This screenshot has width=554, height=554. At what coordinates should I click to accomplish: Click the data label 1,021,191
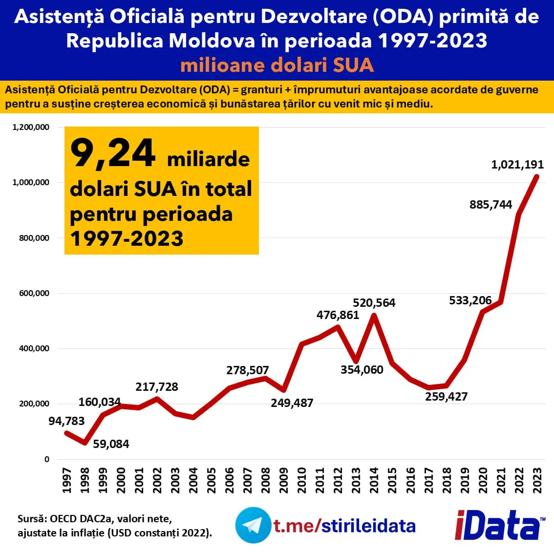pyautogui.click(x=517, y=164)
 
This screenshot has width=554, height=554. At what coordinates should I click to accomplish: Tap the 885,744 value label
pyautogui.click(x=490, y=205)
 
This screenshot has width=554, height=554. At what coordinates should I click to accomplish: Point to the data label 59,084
pyautogui.click(x=111, y=444)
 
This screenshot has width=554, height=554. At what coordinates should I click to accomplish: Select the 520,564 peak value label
pyautogui.click(x=374, y=303)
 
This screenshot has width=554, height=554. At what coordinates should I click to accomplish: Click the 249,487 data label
pyautogui.click(x=292, y=403)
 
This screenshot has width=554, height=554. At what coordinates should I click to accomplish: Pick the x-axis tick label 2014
pyautogui.click(x=374, y=481)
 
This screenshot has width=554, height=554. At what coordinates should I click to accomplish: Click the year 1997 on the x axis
pyautogui.click(x=66, y=481)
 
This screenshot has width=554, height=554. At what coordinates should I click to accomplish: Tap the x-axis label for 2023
pyautogui.click(x=537, y=481)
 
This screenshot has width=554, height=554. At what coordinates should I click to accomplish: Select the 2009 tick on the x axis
pyautogui.click(x=283, y=481)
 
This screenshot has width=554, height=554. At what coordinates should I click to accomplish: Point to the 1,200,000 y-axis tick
pyautogui.click(x=31, y=127)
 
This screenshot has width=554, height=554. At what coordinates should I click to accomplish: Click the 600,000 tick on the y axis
pyautogui.click(x=34, y=293)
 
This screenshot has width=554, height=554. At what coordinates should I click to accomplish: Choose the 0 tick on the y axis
pyautogui.click(x=46, y=459)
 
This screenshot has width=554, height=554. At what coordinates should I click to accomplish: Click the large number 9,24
pyautogui.click(x=112, y=153)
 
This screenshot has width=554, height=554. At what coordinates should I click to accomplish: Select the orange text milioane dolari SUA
pyautogui.click(x=277, y=65)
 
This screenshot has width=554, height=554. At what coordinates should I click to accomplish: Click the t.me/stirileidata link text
pyautogui.click(x=344, y=526)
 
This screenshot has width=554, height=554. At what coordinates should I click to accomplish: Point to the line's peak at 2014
pyautogui.click(x=374, y=315)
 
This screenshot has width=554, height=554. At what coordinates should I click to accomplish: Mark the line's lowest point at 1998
pyautogui.click(x=85, y=443)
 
